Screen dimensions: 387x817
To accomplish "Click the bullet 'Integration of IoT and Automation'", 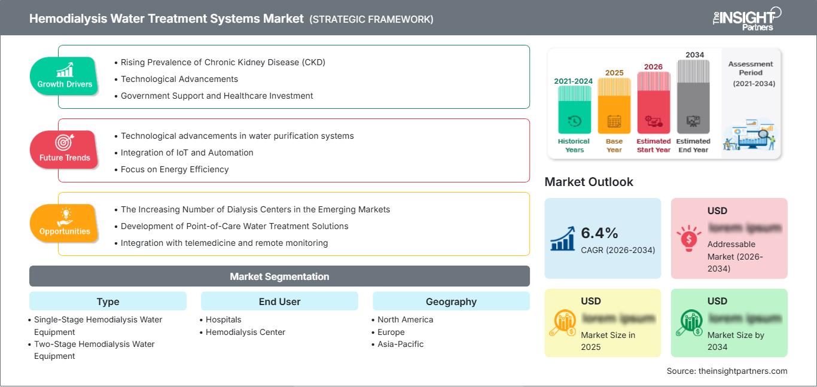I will click(187, 153).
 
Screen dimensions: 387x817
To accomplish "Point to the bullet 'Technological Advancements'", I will click(179, 79).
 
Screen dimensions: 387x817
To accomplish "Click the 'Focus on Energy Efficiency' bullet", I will click(174, 169).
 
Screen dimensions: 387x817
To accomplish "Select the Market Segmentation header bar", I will click(279, 276).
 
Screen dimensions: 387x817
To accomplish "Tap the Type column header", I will click(108, 301).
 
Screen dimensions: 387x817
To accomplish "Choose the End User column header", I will click(279, 301).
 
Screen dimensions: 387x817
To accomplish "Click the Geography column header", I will click(451, 301).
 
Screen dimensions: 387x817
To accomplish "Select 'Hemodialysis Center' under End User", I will click(245, 332).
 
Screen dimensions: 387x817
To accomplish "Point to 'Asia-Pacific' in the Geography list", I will click(400, 344).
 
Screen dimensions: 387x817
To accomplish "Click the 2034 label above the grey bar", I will click(695, 55).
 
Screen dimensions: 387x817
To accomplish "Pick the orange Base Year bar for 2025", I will click(614, 105).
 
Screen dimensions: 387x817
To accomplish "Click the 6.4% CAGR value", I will click(600, 233).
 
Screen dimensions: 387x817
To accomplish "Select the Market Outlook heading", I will click(589, 182).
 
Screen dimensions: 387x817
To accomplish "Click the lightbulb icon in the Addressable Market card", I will click(688, 238).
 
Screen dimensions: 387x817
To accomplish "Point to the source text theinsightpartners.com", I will click(727, 371).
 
